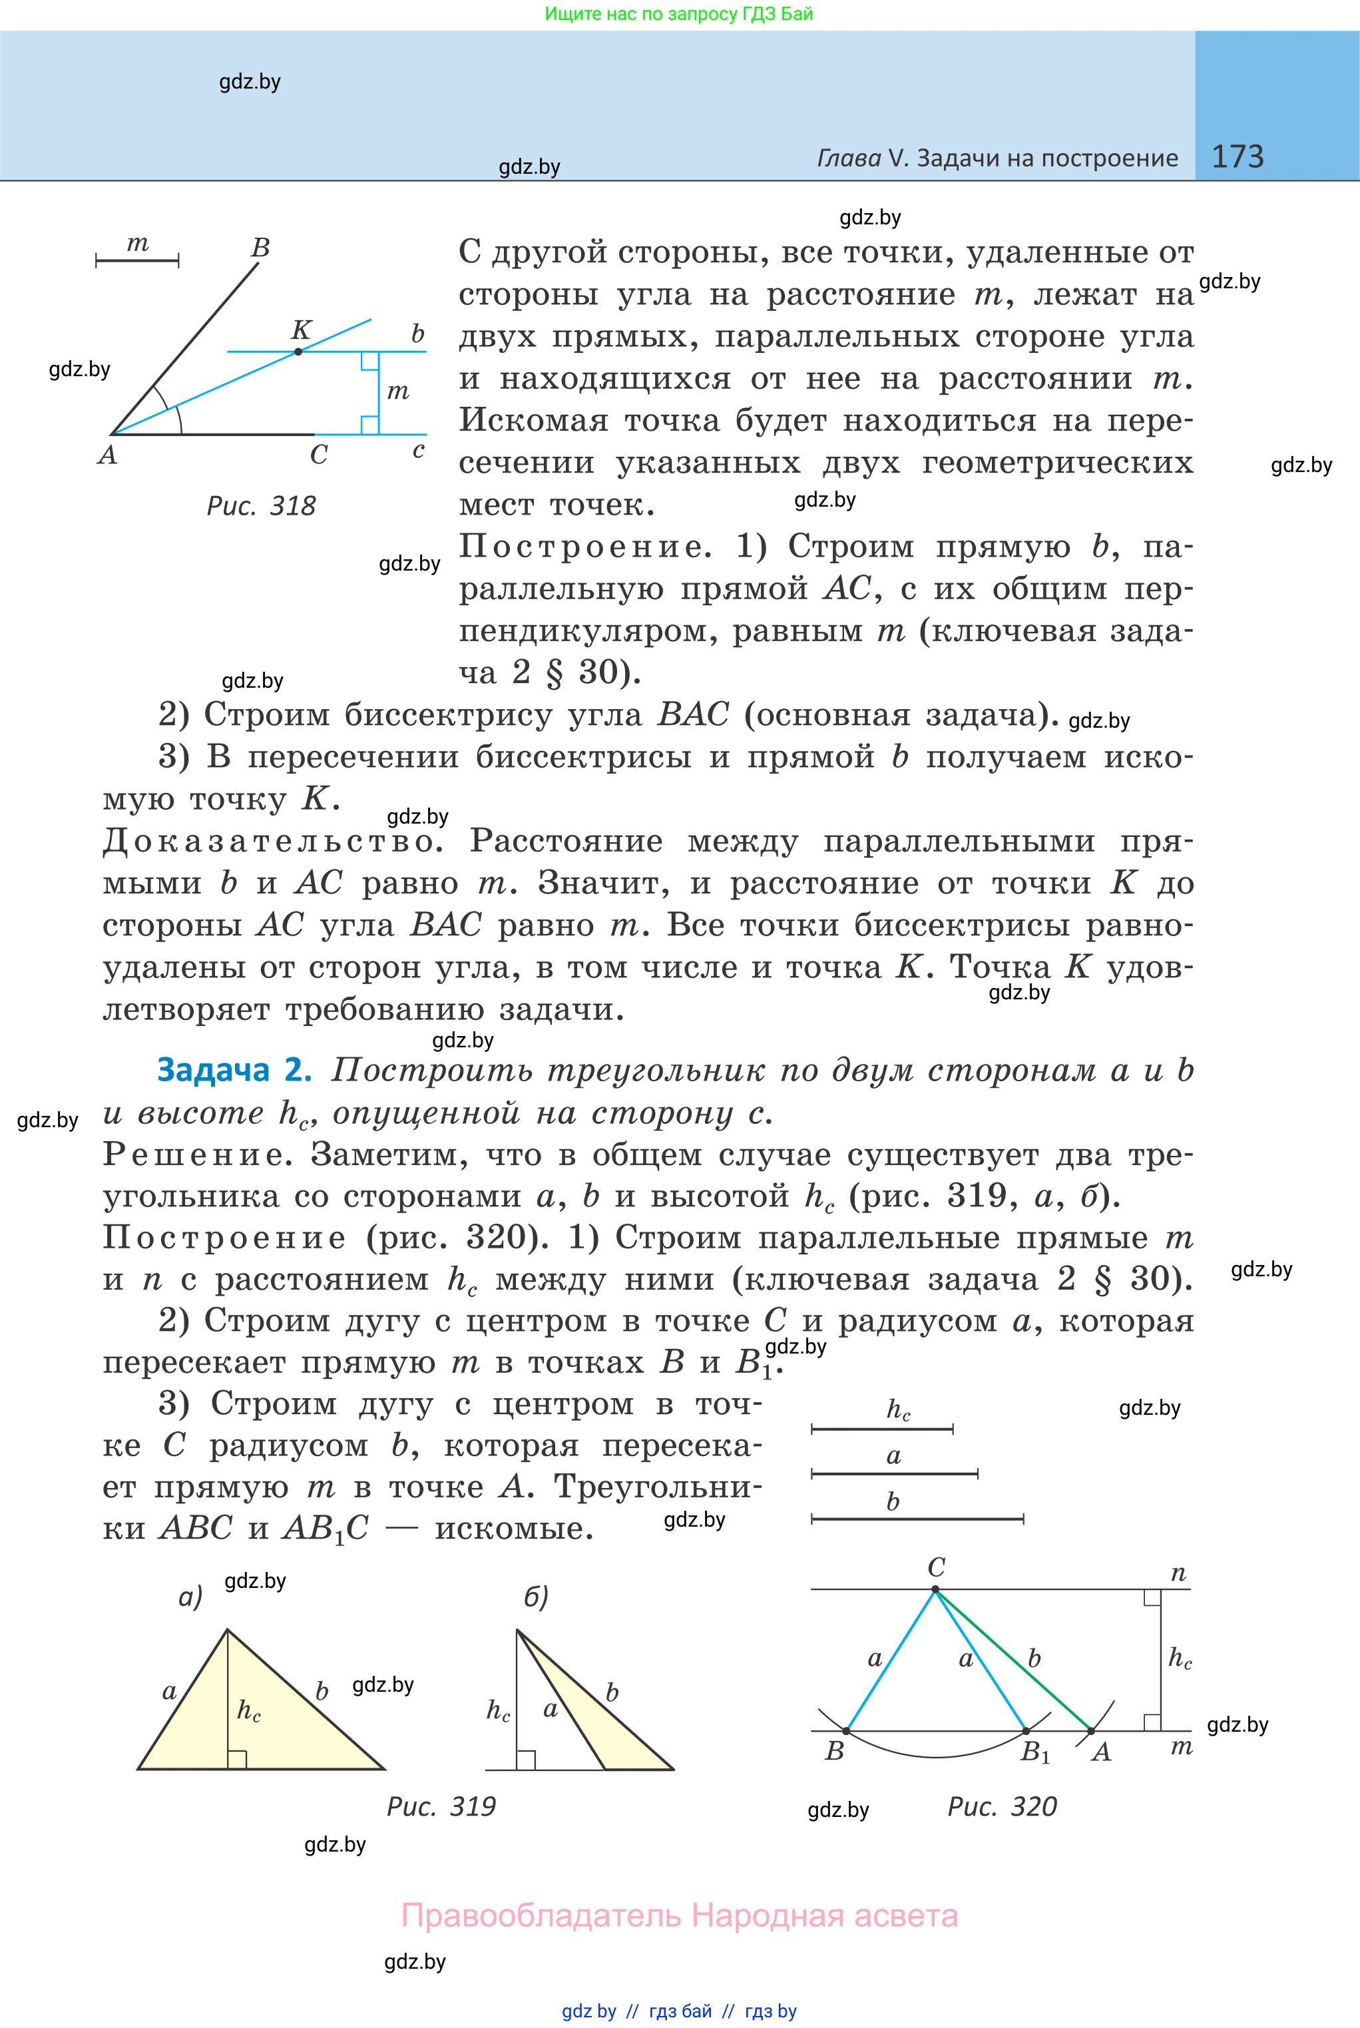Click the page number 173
pyautogui.click(x=1237, y=156)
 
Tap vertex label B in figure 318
pyautogui.click(x=260, y=248)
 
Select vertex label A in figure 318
pyautogui.click(x=107, y=455)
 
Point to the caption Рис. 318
pyautogui.click(x=261, y=506)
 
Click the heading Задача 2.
pyautogui.click(x=233, y=1071)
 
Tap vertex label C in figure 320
pyautogui.click(x=936, y=1567)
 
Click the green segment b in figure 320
pyautogui.click(x=1015, y=1661)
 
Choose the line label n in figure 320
pyautogui.click(x=1178, y=1573)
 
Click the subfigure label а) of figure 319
pyautogui.click(x=190, y=1596)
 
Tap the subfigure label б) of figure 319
pyautogui.click(x=536, y=1596)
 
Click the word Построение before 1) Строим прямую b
pyautogui.click(x=584, y=547)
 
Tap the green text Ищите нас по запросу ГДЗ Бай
pyautogui.click(x=679, y=14)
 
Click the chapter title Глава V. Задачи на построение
pyautogui.click(x=997, y=158)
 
